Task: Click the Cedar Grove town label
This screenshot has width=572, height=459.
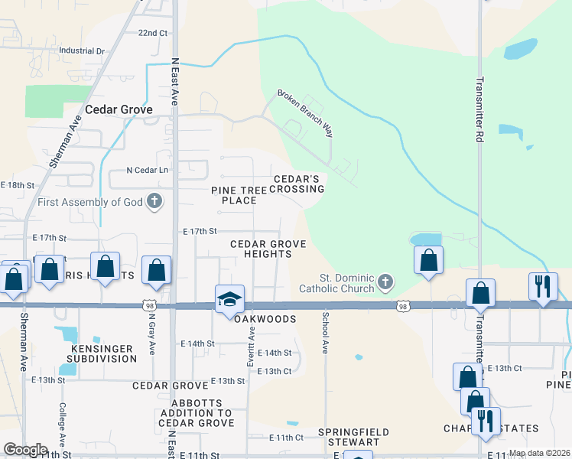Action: click(119, 109)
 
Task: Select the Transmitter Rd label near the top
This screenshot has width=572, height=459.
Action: click(479, 104)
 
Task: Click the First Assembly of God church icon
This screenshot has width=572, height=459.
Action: click(154, 202)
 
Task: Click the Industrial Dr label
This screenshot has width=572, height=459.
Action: click(81, 51)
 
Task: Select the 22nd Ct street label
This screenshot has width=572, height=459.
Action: click(152, 33)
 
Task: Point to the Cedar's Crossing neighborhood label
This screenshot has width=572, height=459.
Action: click(296, 183)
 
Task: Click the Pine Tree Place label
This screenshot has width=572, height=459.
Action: click(239, 194)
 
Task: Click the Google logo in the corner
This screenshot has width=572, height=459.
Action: click(25, 449)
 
